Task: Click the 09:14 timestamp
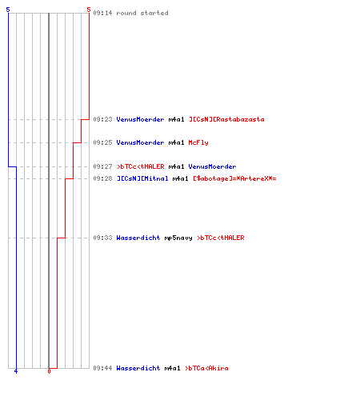pyautogui.click(x=102, y=13)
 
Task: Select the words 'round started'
pyautogui.click(x=142, y=13)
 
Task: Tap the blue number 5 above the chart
pyautogui.click(x=8, y=10)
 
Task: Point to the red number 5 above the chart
pyautogui.click(x=89, y=10)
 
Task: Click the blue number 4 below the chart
pyautogui.click(x=16, y=371)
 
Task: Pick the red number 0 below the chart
pyautogui.click(x=49, y=371)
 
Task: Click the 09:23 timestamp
pyautogui.click(x=102, y=119)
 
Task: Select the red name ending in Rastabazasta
pyautogui.click(x=226, y=119)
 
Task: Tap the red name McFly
pyautogui.click(x=198, y=142)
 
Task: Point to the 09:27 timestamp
pyautogui.click(x=102, y=166)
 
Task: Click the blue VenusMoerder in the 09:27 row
pyautogui.click(x=212, y=166)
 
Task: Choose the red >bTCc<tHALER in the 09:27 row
pyautogui.click(x=141, y=166)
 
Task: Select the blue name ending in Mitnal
pyautogui.click(x=142, y=178)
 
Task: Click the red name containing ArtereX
pyautogui.click(x=234, y=178)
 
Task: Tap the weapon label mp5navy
pyautogui.click(x=178, y=238)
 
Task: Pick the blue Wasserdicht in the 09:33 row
pyautogui.click(x=138, y=238)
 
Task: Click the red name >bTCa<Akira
pyautogui.click(x=206, y=368)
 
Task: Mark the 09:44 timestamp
pyautogui.click(x=102, y=368)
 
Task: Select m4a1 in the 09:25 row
pyautogui.click(x=176, y=142)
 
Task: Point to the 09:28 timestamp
pyautogui.click(x=102, y=178)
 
